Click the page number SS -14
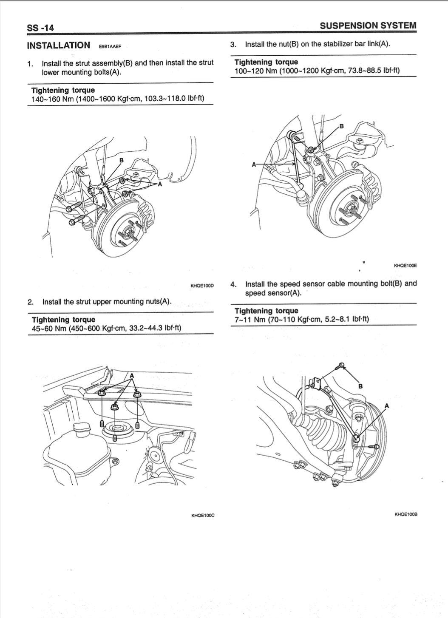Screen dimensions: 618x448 click(40, 28)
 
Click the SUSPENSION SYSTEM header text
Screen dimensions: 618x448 click(368, 26)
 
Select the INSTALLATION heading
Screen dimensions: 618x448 click(58, 45)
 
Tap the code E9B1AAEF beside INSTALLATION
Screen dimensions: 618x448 click(110, 46)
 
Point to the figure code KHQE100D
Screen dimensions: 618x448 click(202, 286)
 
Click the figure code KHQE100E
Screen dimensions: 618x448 click(405, 266)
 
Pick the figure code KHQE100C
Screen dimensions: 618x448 click(203, 515)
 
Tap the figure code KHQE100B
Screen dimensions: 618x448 click(406, 514)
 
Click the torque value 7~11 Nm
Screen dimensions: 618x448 click(247, 319)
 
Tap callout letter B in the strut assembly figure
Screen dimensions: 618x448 click(121, 160)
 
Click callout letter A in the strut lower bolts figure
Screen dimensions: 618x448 click(160, 184)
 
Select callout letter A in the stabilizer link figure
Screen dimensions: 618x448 click(254, 164)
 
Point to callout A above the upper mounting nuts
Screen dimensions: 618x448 click(132, 375)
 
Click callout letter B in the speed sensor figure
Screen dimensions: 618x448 click(360, 386)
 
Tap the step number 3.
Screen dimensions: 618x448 click(233, 44)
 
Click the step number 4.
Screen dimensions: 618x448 click(233, 284)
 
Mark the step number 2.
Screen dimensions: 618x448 click(30, 302)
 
